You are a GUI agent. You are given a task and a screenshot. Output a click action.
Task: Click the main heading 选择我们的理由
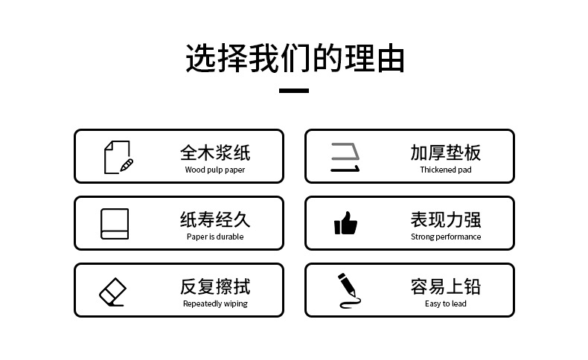click(x=294, y=59)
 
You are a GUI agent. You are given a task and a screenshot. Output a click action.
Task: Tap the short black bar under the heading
click(x=293, y=91)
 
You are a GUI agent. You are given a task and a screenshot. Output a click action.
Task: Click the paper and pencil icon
click(x=118, y=157)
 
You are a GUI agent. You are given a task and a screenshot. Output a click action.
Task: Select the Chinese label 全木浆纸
click(x=214, y=152)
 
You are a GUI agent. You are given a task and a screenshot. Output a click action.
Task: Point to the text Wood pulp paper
click(x=214, y=170)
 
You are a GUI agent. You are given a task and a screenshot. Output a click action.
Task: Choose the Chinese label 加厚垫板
click(x=445, y=152)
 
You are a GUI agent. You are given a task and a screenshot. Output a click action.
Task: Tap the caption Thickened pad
click(x=445, y=170)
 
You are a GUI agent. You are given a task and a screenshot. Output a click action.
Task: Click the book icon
click(x=115, y=224)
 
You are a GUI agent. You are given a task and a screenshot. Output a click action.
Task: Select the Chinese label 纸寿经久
click(x=214, y=219)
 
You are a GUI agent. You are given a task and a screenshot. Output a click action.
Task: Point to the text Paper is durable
click(x=214, y=237)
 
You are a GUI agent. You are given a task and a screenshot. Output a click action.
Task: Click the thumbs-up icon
click(x=345, y=223)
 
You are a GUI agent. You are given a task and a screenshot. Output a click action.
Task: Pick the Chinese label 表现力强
click(x=445, y=219)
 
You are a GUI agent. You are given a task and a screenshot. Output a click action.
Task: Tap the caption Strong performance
click(x=445, y=237)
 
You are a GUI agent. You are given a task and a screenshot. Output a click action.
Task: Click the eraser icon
click(x=113, y=292)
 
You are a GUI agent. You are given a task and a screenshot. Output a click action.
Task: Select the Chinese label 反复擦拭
click(x=214, y=286)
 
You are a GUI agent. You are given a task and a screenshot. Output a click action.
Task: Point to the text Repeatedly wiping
click(x=214, y=304)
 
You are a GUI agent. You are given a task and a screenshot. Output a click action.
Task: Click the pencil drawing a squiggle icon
click(x=348, y=290)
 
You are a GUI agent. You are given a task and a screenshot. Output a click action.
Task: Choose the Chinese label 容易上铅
click(x=445, y=286)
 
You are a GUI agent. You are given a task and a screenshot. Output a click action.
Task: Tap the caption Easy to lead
click(x=445, y=304)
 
